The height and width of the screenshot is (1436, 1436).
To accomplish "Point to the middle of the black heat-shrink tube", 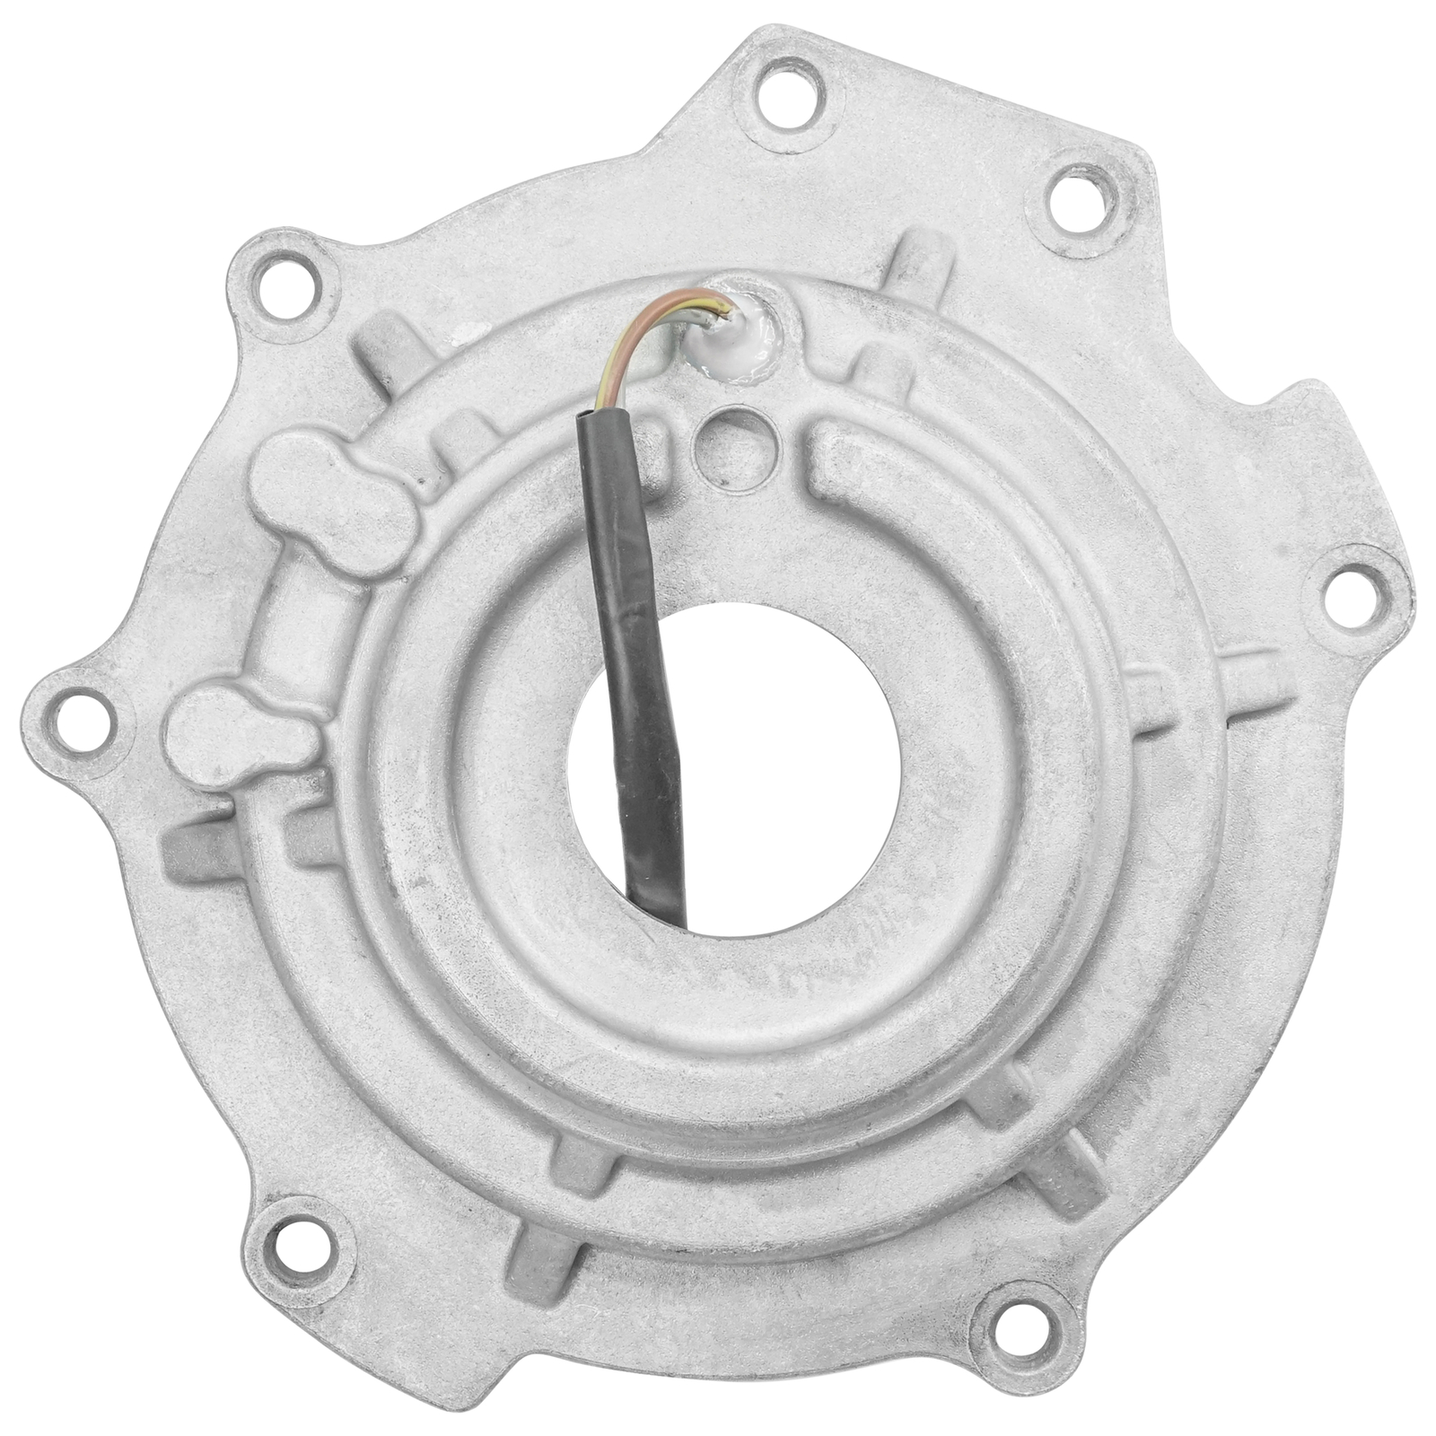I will click(639, 628).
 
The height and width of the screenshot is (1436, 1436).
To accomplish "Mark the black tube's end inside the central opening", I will click(664, 906).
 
